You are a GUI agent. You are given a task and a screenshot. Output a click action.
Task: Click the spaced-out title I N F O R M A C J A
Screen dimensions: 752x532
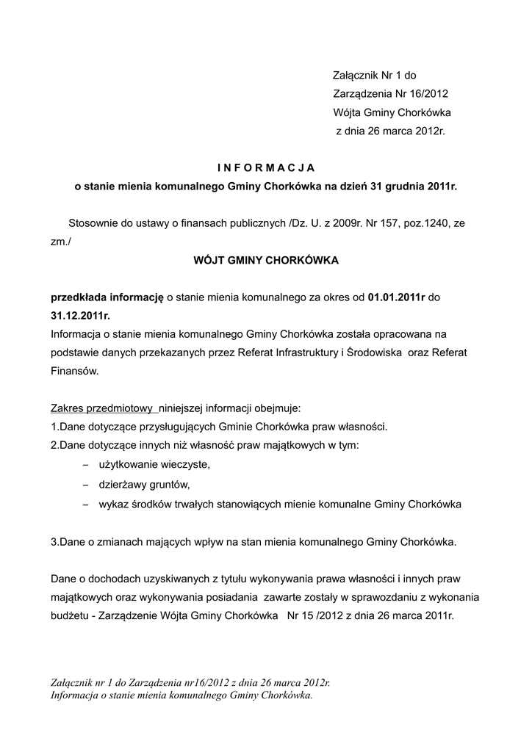click(265, 167)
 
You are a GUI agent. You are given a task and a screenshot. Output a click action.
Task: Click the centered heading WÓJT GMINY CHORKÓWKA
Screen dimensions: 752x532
click(265, 260)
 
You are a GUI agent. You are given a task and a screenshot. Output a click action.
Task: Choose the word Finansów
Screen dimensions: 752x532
click(74, 372)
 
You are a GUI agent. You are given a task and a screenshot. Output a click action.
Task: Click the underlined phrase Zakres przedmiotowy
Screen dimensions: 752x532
click(101, 408)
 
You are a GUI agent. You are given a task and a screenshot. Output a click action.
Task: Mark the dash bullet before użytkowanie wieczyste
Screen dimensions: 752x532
click(85, 465)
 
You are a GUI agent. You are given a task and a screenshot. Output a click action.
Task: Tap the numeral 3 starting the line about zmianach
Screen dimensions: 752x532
click(54, 542)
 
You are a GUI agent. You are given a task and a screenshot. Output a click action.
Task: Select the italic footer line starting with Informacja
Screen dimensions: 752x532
click(181, 695)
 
